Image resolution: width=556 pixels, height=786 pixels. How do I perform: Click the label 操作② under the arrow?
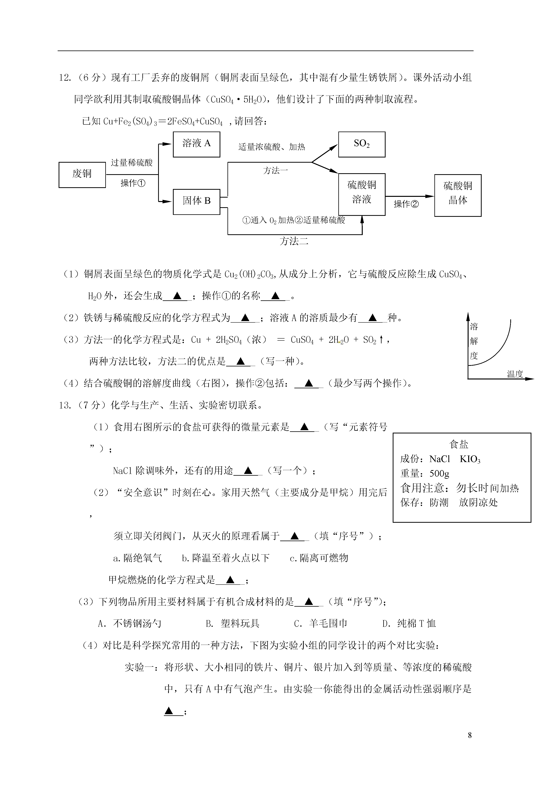406,204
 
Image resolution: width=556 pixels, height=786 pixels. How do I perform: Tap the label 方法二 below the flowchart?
294,242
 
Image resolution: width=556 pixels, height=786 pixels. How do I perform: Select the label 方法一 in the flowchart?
276,171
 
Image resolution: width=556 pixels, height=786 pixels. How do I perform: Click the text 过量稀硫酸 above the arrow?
132,163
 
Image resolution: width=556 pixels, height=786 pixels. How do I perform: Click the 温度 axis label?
515,374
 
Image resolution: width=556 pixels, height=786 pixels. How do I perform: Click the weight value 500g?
439,473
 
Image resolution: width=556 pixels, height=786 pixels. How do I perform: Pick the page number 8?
470,735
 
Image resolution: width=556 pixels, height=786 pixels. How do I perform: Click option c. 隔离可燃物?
319,558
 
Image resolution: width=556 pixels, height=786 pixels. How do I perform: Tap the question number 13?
64,406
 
